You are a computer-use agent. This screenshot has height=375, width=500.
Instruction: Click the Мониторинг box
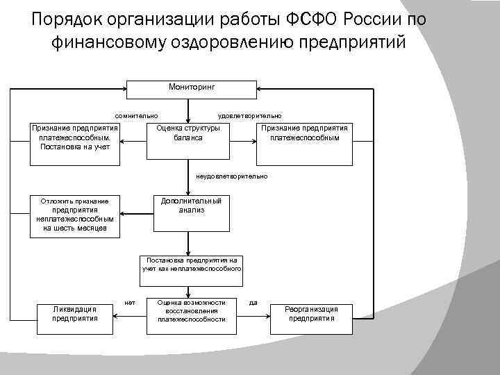[x=192, y=90]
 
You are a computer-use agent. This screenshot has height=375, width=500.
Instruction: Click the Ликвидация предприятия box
[x=75, y=314]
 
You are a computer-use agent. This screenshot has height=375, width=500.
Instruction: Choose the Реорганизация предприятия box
[x=312, y=314]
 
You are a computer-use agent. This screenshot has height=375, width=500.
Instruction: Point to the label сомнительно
[x=137, y=115]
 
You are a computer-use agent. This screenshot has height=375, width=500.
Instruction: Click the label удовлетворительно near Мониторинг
[x=249, y=115]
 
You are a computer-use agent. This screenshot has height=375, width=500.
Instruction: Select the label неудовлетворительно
[x=232, y=176]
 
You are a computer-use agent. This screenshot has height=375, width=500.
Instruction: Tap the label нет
[x=129, y=302]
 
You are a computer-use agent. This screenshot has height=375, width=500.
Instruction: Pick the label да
[x=253, y=302]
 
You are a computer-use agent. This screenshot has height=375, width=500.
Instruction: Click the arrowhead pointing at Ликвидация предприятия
[x=117, y=314]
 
